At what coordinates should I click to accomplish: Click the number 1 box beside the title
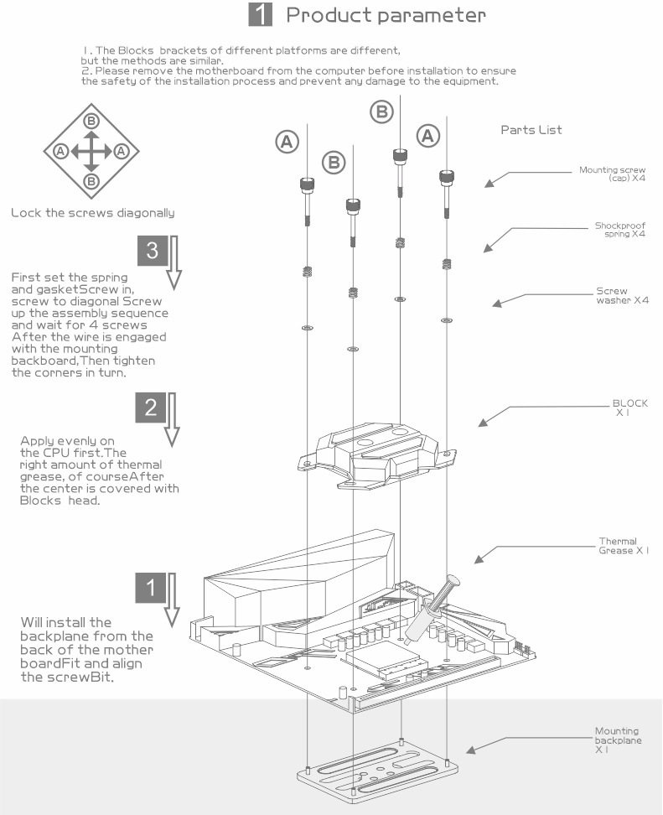tap(261, 15)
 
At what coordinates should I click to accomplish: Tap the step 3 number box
tap(151, 251)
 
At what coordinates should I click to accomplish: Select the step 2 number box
tap(151, 408)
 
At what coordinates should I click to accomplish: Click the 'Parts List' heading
tap(531, 130)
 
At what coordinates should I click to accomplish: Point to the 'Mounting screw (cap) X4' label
tap(612, 173)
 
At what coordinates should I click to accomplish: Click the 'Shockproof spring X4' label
tap(619, 230)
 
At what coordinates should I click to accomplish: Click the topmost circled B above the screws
tap(381, 112)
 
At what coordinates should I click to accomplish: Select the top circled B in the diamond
tap(91, 122)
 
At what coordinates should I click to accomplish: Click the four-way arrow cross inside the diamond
tap(91, 152)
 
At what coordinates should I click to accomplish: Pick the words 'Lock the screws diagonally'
tap(93, 213)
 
